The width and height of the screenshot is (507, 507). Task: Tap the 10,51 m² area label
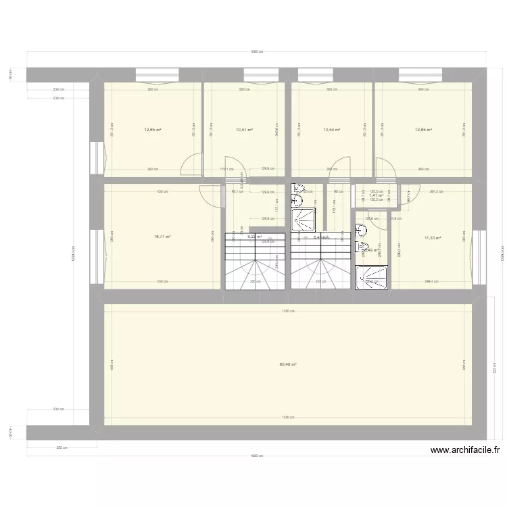244,130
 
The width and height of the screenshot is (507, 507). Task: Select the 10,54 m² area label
331,130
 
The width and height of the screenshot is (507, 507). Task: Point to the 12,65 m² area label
423,130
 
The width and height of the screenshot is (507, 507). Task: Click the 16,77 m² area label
162,237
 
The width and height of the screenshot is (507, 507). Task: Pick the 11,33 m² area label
433,237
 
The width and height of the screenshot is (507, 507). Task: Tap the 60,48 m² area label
288,365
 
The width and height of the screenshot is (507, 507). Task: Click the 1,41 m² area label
376,195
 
